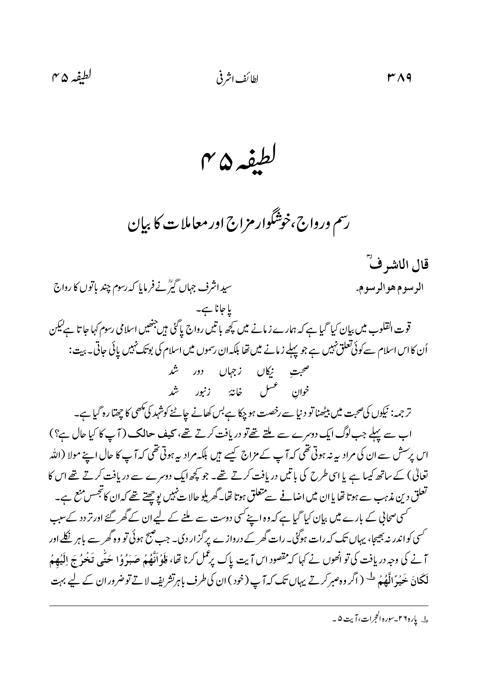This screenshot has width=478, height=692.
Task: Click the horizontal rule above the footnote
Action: point(239,606)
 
